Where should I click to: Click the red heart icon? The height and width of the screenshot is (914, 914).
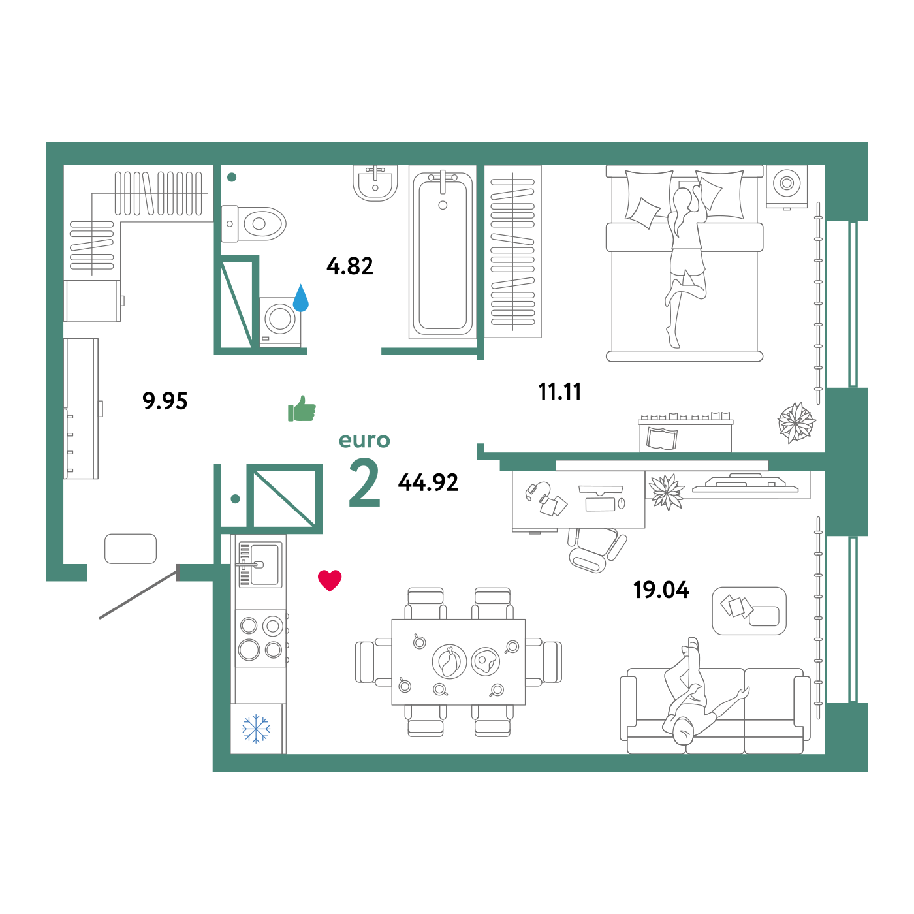[330, 580]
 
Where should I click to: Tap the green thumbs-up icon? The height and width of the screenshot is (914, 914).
[302, 410]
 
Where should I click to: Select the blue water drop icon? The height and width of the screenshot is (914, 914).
[300, 299]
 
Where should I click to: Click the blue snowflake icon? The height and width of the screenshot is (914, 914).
[256, 729]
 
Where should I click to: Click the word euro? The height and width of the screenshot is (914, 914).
[364, 441]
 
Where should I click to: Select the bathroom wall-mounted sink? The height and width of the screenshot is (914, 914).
[375, 183]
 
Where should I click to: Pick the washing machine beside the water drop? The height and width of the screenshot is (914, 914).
[281, 320]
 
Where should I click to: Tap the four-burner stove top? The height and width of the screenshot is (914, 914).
[261, 638]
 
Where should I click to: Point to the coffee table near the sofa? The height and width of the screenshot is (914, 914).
[749, 610]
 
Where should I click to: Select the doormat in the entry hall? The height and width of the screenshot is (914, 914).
[131, 548]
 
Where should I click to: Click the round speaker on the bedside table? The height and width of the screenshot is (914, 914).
[787, 183]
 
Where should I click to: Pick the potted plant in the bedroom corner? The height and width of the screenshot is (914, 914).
[796, 422]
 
